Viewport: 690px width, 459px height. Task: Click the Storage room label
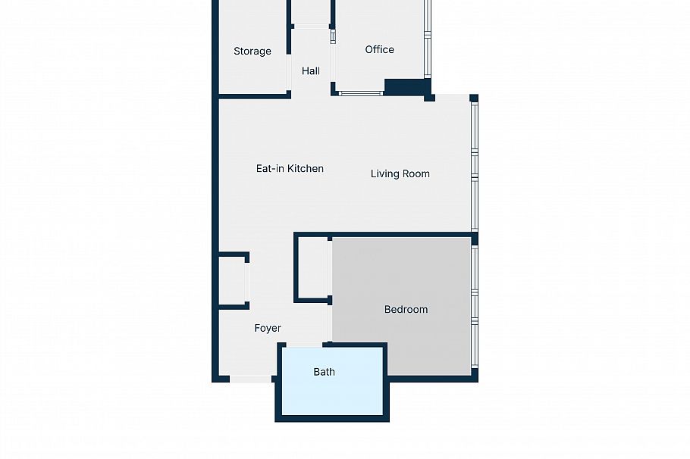point(252,52)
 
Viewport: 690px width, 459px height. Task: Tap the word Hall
point(310,71)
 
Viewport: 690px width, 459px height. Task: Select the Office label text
point(379,50)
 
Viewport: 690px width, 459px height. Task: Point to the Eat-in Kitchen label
point(290,169)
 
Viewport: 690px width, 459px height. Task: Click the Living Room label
point(400,174)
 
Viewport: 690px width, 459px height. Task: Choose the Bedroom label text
point(406,310)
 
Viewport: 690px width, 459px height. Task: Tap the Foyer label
point(267,329)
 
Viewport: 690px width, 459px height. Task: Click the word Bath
point(324,372)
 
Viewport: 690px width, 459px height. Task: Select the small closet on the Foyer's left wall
point(232,280)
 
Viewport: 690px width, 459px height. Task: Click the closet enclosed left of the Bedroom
point(312,269)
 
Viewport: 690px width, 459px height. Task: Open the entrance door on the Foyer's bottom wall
point(250,379)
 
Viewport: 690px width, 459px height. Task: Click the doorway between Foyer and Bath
point(303,345)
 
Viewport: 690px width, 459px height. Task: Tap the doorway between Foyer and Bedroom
point(330,322)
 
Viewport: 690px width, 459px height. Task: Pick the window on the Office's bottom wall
point(361,94)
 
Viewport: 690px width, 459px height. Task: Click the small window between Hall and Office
point(332,36)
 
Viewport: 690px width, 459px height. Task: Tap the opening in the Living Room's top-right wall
point(452,98)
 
